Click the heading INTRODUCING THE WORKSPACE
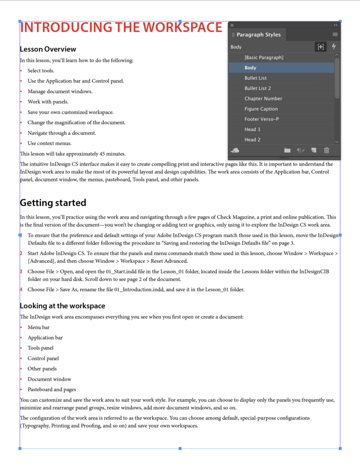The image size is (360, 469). [x=120, y=27]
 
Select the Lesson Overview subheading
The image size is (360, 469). [x=48, y=49]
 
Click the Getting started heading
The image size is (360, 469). [x=53, y=203]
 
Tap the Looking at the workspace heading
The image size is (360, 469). [x=62, y=306]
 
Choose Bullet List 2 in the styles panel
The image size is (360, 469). [x=258, y=88]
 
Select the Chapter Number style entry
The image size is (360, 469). [x=263, y=98]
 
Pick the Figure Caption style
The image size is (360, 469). [x=261, y=109]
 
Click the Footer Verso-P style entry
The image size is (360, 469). [x=262, y=119]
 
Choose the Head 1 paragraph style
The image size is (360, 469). [x=253, y=129]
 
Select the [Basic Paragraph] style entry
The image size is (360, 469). [x=264, y=57]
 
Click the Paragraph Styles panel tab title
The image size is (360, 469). [x=258, y=35]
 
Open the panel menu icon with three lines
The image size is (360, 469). [x=335, y=35]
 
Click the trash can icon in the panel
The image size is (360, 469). [x=327, y=151]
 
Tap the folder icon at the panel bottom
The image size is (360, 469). [x=287, y=151]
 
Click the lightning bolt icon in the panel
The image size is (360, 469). [x=334, y=46]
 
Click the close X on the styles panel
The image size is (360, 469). [x=232, y=25]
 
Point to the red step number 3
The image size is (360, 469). [x=21, y=271]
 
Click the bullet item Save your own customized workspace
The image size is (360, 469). [x=70, y=112]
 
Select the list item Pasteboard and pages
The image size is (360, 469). [x=52, y=389]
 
